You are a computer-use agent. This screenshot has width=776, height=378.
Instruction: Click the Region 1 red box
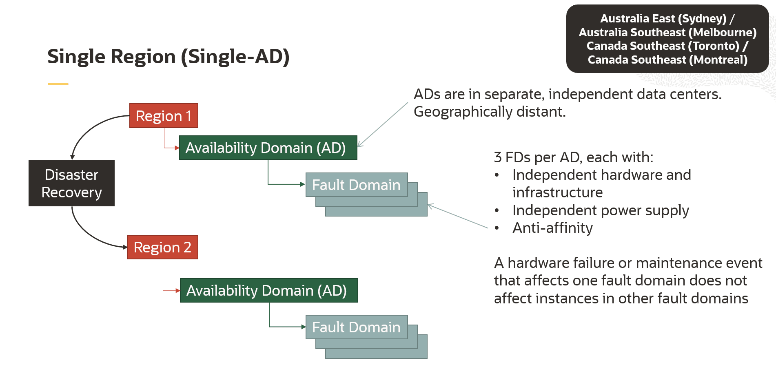click(x=164, y=116)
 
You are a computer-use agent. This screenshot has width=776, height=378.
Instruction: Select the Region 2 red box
click(x=162, y=247)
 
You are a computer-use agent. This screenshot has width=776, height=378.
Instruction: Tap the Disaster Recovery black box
click(x=71, y=183)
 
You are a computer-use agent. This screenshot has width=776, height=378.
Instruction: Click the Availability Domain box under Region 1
click(x=268, y=148)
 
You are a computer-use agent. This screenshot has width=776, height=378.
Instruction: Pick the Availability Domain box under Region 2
click(x=268, y=290)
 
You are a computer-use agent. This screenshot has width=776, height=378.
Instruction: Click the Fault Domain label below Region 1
click(x=356, y=185)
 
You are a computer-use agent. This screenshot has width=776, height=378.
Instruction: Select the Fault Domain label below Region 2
click(x=356, y=327)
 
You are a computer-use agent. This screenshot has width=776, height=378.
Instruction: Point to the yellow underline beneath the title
click(x=58, y=84)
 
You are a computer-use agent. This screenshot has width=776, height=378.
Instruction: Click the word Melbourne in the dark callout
click(x=724, y=33)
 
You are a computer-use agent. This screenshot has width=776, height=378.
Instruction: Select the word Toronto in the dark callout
click(x=714, y=46)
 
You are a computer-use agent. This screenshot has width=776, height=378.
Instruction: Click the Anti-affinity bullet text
click(x=552, y=228)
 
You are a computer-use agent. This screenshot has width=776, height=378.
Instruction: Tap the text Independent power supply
click(x=600, y=210)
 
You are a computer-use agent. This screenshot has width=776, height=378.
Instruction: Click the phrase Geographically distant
click(x=489, y=112)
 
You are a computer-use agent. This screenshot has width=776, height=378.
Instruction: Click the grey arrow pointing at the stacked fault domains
click(x=457, y=216)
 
